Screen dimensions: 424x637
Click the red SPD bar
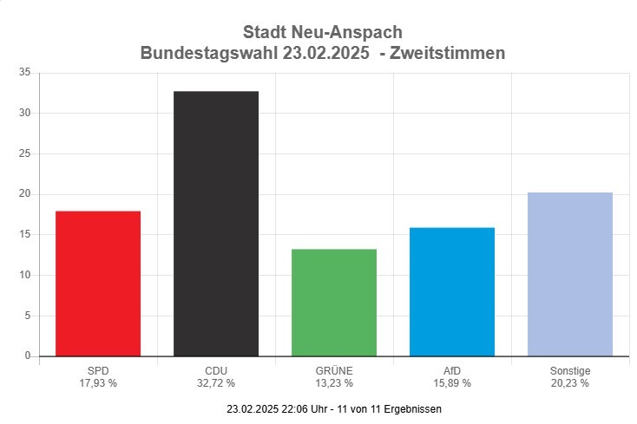click(98, 284)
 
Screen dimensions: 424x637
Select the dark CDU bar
click(216, 224)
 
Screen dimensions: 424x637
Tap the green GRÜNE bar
click(334, 303)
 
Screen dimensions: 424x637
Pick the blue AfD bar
click(452, 291)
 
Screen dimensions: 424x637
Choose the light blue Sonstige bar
click(570, 274)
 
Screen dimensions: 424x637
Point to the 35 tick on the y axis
click(24, 73)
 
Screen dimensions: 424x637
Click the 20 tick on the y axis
click(24, 194)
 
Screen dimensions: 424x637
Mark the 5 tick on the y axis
click(27, 316)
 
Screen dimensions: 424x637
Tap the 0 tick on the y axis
click(27, 356)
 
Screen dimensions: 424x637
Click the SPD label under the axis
click(98, 371)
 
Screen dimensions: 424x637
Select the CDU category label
click(216, 371)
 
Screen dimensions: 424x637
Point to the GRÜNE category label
click(334, 371)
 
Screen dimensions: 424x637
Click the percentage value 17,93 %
click(98, 382)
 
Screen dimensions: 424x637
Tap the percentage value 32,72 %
click(216, 382)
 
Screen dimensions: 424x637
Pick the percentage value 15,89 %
click(452, 382)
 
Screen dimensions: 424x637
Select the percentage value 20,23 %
click(570, 382)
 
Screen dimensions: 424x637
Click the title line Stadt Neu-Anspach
click(323, 33)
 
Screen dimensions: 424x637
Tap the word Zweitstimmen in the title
click(448, 54)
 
